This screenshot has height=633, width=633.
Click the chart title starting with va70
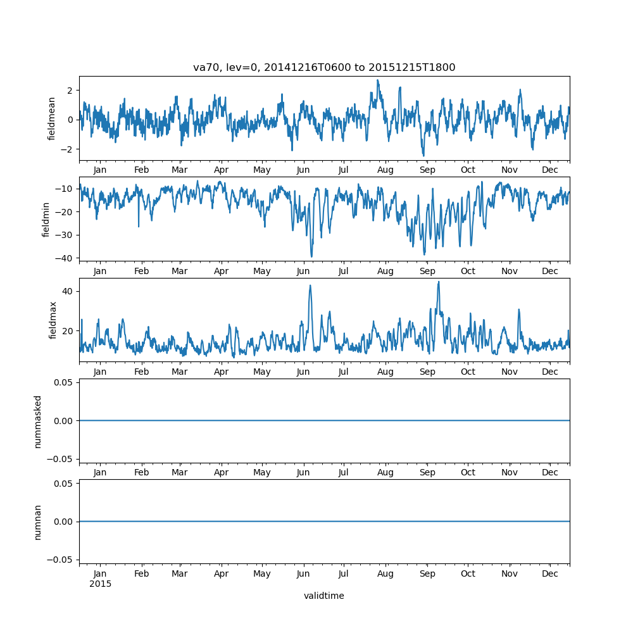tap(324, 68)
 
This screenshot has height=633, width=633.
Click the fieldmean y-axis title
tap(53, 118)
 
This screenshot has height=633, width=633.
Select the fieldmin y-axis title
tap(46, 219)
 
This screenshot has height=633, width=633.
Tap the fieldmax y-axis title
tap(53, 320)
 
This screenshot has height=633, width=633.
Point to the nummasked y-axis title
tap(38, 421)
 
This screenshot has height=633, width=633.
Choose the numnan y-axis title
tap(38, 522)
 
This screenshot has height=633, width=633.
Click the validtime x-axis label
tap(324, 596)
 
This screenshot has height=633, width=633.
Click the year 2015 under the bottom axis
tap(100, 584)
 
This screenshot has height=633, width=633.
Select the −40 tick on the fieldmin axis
tap(65, 258)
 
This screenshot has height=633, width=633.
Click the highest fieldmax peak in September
tap(438, 282)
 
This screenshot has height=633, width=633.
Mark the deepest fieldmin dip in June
tap(311, 256)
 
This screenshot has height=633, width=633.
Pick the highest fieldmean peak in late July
tap(378, 80)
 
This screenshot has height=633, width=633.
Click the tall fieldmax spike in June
tap(310, 285)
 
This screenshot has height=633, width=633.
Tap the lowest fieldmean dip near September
tap(423, 156)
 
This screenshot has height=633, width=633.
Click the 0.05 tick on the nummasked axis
tap(65, 382)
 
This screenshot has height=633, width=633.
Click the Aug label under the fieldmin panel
tap(385, 271)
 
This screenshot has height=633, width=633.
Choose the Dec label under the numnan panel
tap(550, 573)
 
